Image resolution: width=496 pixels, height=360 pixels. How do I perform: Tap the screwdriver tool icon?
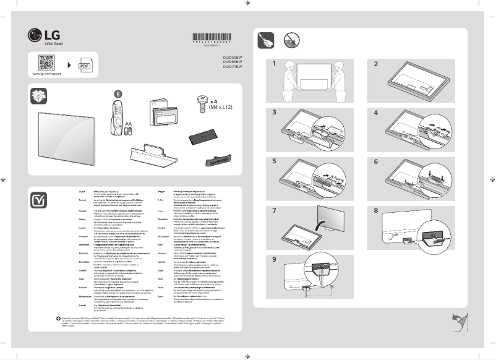tap(267, 41)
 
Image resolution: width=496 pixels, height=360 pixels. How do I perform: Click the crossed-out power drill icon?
tap(292, 41)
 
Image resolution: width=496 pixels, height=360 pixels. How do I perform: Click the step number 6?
tap(376, 161)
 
